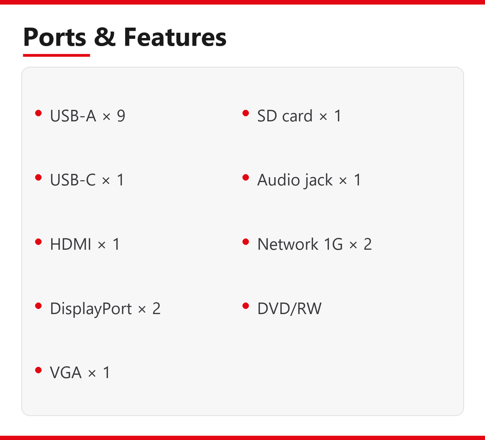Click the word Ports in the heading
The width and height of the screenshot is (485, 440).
tap(54, 37)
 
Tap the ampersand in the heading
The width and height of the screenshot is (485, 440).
tap(105, 37)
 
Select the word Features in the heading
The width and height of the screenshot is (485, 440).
tap(175, 37)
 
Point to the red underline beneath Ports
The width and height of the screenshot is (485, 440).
tap(56, 55)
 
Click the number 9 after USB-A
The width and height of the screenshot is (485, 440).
tap(121, 116)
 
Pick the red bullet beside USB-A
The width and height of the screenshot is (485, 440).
tap(38, 113)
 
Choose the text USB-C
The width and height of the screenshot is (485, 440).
tap(73, 180)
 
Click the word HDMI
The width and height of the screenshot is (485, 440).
tap(70, 244)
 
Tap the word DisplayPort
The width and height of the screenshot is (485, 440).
tap(91, 309)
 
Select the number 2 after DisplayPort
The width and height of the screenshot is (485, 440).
tap(157, 309)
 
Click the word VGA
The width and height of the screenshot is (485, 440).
tap(65, 372)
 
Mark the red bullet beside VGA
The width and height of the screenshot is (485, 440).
tap(38, 370)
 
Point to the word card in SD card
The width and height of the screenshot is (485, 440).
tap(297, 116)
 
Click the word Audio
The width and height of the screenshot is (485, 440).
tap(279, 180)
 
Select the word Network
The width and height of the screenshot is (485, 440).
tap(288, 244)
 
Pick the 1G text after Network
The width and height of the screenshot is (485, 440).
tap(334, 244)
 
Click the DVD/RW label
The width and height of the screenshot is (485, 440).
tap(290, 309)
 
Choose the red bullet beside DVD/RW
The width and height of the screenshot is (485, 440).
tap(246, 306)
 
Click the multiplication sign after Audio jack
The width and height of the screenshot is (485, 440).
tap(343, 181)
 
